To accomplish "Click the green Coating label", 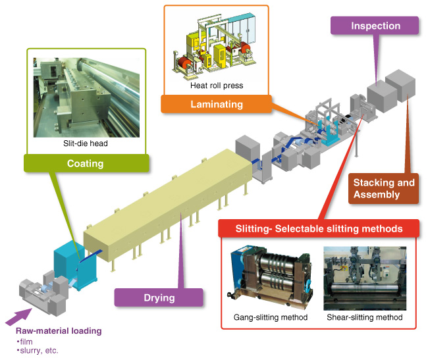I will (x=85, y=163).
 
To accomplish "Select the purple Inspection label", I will (x=375, y=26).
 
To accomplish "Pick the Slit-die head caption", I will (x=86, y=143).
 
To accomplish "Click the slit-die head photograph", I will (x=85, y=95).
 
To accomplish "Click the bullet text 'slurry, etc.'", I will (x=40, y=351).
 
